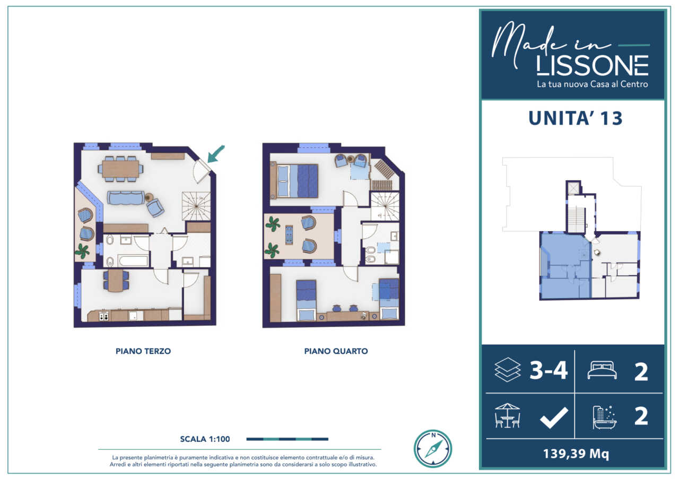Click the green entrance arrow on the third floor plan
coord(215,154)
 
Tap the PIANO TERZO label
coord(143,351)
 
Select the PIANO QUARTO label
coord(336,351)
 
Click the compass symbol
coord(433,449)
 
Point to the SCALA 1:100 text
coord(205,439)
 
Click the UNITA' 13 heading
coord(576,118)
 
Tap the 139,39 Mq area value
coord(576,453)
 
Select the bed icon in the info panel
coord(602,370)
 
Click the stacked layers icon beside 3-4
coord(508,370)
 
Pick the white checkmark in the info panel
coord(554,417)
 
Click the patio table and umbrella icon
coord(508,415)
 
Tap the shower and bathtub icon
coord(604,417)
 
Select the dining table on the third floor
coord(120,169)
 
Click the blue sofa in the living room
coord(126,197)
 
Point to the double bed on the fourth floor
coord(294,181)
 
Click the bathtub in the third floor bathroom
coord(133,260)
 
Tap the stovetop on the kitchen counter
coord(103,316)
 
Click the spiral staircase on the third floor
coord(196,206)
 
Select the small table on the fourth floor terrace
coord(289,235)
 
